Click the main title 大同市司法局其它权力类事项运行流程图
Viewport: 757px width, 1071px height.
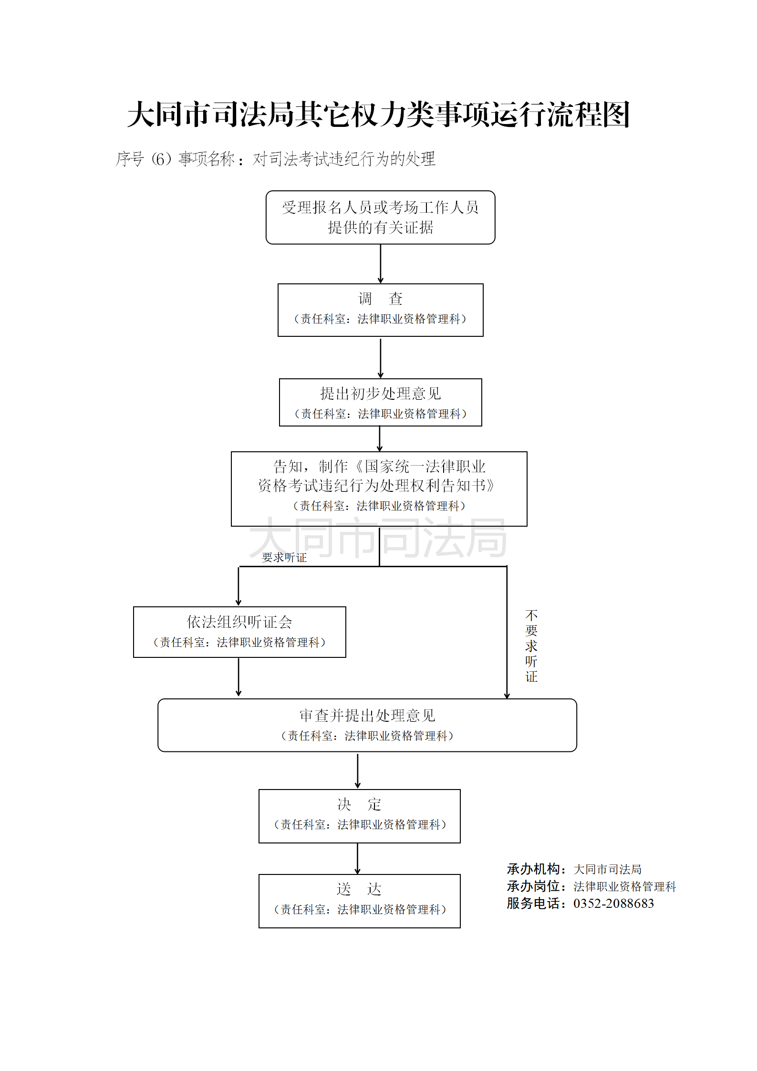pyautogui.click(x=378, y=114)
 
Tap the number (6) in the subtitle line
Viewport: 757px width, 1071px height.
pyautogui.click(x=161, y=159)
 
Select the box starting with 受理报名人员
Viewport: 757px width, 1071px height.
pyautogui.click(x=380, y=218)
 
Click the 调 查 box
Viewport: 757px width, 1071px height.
pyautogui.click(x=380, y=310)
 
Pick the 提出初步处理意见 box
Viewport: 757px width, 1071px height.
pyautogui.click(x=380, y=402)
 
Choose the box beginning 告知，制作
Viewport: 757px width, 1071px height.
pyautogui.click(x=379, y=489)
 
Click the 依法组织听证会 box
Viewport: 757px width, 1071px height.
pyautogui.click(x=239, y=632)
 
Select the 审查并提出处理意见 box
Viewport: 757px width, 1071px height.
pyautogui.click(x=367, y=725)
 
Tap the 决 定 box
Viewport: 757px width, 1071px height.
pyautogui.click(x=359, y=816)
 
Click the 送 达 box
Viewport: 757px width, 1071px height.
pyautogui.click(x=359, y=901)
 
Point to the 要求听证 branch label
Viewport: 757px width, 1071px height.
pyautogui.click(x=284, y=557)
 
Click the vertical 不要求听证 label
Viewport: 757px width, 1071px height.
pyautogui.click(x=531, y=645)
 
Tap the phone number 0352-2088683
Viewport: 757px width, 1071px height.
pyautogui.click(x=613, y=903)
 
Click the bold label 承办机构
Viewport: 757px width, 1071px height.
pyautogui.click(x=533, y=869)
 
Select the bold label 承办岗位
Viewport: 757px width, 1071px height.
pyautogui.click(x=533, y=886)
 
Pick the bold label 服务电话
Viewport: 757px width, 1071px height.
pyautogui.click(x=533, y=903)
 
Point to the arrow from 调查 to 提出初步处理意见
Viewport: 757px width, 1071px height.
pyautogui.click(x=380, y=357)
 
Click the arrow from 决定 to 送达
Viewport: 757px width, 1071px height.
pyautogui.click(x=358, y=858)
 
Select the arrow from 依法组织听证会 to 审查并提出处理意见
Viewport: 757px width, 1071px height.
pyautogui.click(x=239, y=677)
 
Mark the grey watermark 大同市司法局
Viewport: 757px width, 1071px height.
pyautogui.click(x=378, y=538)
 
